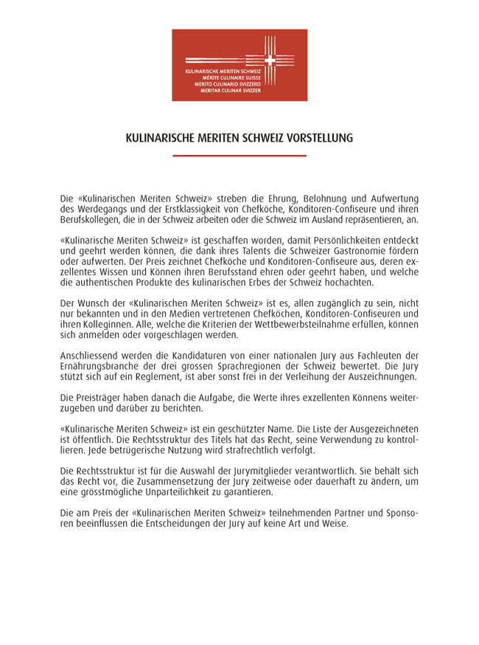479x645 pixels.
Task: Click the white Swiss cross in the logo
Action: coord(270,60)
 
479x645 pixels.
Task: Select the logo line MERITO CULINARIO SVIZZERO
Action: coord(228,83)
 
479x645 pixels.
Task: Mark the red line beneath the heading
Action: coord(239,156)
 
